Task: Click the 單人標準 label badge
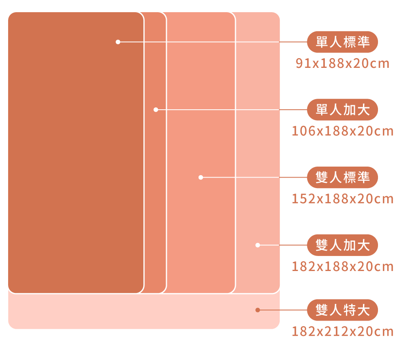[x=342, y=42]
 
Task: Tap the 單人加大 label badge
[x=342, y=110]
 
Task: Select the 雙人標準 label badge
[x=342, y=178]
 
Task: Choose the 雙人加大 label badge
[x=342, y=245]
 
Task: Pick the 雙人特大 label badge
[x=342, y=310]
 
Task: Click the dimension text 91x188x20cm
[x=342, y=64]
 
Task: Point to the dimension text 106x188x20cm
[x=343, y=131]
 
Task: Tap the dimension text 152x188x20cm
[x=343, y=199]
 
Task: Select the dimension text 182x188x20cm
[x=343, y=267]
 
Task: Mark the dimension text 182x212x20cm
[x=343, y=332]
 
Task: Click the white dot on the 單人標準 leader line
[x=118, y=42]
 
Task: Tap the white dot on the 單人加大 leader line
[x=155, y=110]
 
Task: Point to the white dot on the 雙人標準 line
[x=201, y=178]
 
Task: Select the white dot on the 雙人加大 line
[x=257, y=245]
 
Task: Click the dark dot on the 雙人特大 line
[x=257, y=310]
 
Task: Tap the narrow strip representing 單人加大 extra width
[x=155, y=183]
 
